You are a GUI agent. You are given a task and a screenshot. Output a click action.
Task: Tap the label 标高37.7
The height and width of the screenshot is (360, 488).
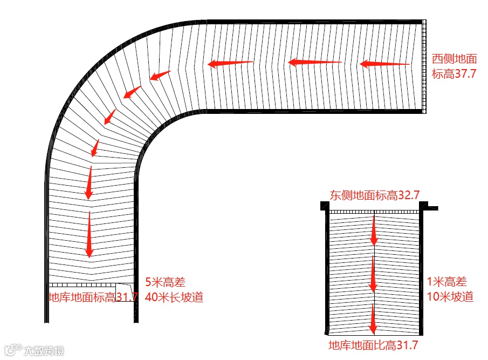click(x=454, y=74)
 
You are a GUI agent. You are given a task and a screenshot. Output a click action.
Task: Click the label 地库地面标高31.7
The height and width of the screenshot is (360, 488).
click(x=93, y=297)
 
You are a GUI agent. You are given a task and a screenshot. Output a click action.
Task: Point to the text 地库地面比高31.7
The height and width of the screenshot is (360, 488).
click(x=373, y=345)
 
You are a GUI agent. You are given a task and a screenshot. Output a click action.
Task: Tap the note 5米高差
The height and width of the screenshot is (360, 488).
click(x=165, y=282)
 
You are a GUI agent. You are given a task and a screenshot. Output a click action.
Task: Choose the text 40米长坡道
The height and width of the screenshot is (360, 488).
click(x=174, y=297)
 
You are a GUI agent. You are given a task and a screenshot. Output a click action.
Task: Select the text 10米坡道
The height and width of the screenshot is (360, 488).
click(x=450, y=296)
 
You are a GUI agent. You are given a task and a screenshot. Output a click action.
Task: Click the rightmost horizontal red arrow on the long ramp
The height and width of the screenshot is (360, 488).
click(x=384, y=64)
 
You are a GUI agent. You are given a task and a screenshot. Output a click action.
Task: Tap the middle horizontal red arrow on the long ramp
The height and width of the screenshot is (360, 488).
click(x=315, y=63)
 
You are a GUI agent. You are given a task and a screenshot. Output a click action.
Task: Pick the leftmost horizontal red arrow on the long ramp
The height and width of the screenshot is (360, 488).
click(x=230, y=64)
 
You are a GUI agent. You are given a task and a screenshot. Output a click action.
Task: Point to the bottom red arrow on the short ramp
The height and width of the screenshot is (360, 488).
click(x=373, y=318)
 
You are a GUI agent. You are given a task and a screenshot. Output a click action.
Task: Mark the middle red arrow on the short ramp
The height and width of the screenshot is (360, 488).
click(x=373, y=274)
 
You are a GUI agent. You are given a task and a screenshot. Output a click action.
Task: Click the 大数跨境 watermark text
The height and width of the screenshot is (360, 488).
click(x=43, y=351)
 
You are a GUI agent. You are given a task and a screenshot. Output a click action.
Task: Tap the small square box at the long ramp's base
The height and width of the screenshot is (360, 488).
click(x=124, y=292)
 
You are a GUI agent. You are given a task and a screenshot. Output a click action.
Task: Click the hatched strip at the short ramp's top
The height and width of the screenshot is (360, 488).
click(x=374, y=212)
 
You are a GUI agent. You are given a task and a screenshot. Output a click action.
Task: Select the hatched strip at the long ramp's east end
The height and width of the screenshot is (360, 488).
click(x=424, y=66)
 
